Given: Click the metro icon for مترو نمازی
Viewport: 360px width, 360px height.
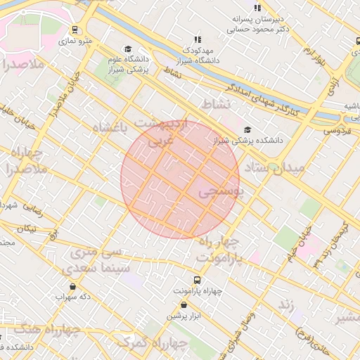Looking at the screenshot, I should click(x=75, y=30).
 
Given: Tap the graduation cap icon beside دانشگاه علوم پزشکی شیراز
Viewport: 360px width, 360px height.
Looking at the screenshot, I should click(x=128, y=49).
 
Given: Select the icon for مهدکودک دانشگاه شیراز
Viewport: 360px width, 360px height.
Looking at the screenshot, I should click(x=198, y=40).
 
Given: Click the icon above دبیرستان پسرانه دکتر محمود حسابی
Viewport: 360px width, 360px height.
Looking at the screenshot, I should click(x=258, y=8).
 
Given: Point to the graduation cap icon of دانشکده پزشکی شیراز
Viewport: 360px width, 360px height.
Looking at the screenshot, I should click(x=247, y=129).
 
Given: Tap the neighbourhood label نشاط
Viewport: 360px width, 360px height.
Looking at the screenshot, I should click(x=216, y=104).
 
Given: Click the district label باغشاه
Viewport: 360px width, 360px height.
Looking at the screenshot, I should click(x=110, y=127).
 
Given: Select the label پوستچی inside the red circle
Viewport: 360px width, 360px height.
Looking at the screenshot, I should click(x=219, y=191).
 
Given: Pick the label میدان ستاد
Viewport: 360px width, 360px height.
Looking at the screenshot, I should click(x=275, y=169).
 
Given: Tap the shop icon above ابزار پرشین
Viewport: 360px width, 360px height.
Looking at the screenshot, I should click(x=184, y=305).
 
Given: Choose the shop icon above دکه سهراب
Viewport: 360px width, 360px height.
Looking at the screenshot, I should click(x=74, y=286).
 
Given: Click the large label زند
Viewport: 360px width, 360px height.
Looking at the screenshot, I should click(x=285, y=304).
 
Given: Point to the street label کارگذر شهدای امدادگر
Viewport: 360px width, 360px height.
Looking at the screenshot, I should click(x=262, y=98).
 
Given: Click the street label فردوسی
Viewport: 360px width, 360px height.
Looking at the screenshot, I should click(x=337, y=131).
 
